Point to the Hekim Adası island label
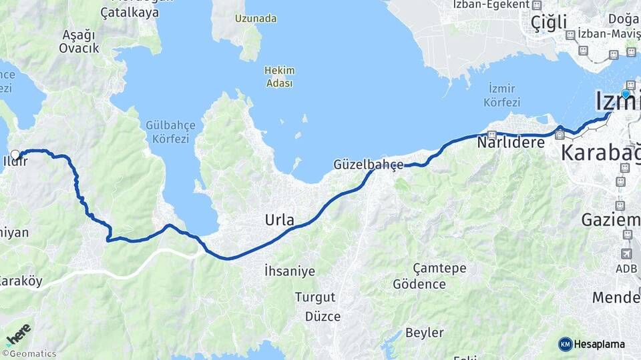pos(279,76)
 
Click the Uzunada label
pos(255,19)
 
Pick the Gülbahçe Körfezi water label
pos(167,132)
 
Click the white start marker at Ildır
pos(15,155)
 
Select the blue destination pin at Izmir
pos(626,95)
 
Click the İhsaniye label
pos(289,271)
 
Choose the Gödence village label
pos(419,284)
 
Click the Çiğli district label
pos(549,23)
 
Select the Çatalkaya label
pos(130,12)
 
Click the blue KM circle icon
pos(566,344)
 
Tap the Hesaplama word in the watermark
pos(600,344)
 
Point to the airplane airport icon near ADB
pos(626,253)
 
